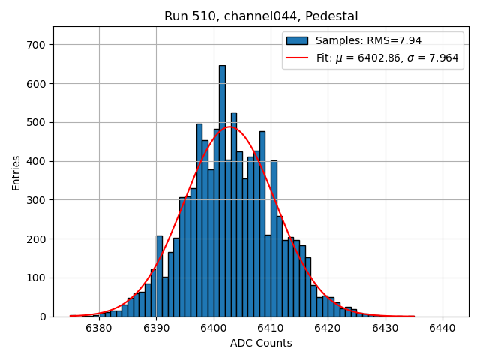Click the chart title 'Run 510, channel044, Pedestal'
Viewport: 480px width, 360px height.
[x=261, y=16]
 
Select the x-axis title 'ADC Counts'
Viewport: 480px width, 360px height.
[x=261, y=343]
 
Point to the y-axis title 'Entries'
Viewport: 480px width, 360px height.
[x=16, y=172]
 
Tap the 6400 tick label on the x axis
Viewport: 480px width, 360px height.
[x=213, y=328]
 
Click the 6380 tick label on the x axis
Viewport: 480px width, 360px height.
[x=99, y=328]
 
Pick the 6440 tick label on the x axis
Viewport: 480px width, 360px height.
[x=442, y=328]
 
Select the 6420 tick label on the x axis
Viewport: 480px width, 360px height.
[x=328, y=328]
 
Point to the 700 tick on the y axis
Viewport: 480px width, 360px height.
[x=37, y=45]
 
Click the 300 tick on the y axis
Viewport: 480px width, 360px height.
[x=37, y=200]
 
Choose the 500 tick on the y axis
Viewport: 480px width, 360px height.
[x=37, y=122]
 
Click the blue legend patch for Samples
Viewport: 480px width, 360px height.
[x=297, y=40]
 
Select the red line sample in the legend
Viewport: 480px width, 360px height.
[x=297, y=58]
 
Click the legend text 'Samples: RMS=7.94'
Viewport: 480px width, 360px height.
[x=363, y=40]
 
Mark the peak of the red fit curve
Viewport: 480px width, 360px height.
[x=230, y=127]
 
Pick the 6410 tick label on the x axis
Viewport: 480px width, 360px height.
[x=271, y=328]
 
